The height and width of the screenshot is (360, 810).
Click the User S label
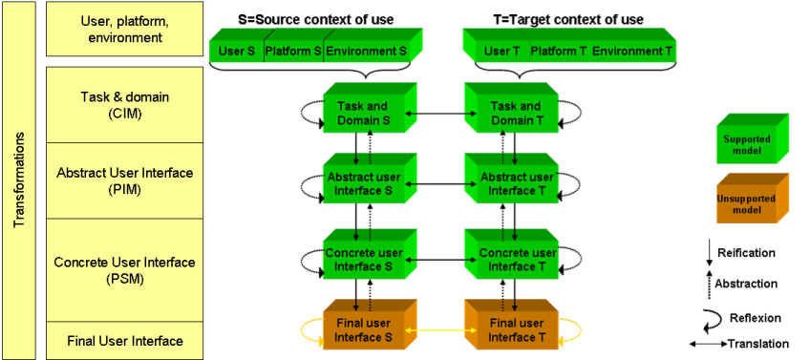point(236,50)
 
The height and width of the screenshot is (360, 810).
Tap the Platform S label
point(292,50)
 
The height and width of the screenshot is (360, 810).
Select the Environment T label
point(631,50)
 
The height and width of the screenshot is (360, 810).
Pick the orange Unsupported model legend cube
point(750,204)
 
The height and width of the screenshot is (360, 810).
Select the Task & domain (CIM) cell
point(124,104)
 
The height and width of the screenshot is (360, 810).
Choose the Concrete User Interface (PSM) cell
point(124,270)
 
